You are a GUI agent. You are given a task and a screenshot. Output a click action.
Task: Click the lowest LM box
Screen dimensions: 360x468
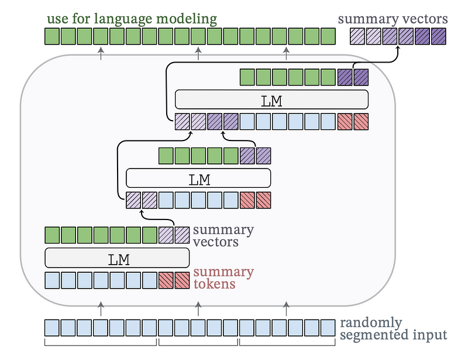pos(117,258)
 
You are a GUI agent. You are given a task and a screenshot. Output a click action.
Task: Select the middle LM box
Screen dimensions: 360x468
pos(199,178)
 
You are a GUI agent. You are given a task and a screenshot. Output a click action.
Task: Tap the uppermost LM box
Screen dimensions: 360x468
pos(271,100)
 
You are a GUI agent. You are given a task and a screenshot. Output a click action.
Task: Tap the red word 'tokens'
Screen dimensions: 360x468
pos(214,284)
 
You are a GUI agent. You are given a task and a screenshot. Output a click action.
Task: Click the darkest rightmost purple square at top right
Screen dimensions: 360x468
pos(438,37)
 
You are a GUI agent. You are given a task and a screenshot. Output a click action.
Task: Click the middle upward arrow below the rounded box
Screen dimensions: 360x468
pos(198,305)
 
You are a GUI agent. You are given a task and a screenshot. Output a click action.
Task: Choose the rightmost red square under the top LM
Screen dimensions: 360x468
pos(361,122)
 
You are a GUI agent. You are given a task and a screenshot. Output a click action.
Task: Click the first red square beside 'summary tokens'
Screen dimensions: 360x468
pos(167,280)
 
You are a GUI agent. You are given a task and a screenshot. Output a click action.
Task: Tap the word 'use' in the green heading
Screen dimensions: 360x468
pos(56,19)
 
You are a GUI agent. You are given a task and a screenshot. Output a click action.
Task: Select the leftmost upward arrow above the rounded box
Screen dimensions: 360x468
pos(101,54)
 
